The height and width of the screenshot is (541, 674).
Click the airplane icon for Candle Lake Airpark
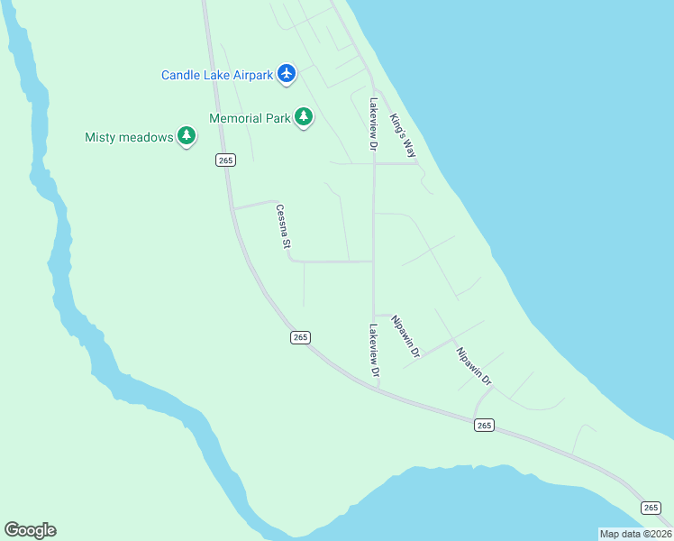tap(287, 73)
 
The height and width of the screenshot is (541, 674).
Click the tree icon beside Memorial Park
tap(305, 116)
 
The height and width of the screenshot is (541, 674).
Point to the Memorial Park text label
tap(250, 118)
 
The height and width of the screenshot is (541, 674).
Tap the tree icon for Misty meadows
tap(187, 136)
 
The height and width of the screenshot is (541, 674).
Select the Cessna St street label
tap(283, 225)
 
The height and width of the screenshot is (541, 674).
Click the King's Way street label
tap(403, 135)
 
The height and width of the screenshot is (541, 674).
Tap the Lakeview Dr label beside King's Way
tap(371, 124)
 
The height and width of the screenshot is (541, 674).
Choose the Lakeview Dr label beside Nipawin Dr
tap(373, 350)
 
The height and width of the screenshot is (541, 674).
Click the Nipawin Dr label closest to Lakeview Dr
tap(405, 335)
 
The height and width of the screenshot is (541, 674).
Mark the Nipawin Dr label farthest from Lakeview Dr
tap(473, 367)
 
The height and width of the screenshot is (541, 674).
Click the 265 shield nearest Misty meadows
tap(225, 160)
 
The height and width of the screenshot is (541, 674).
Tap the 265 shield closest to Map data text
tap(651, 508)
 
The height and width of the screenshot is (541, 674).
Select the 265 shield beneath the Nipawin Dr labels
tap(484, 425)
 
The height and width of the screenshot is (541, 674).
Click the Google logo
tap(30, 530)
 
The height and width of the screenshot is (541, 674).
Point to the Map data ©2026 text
tap(635, 534)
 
